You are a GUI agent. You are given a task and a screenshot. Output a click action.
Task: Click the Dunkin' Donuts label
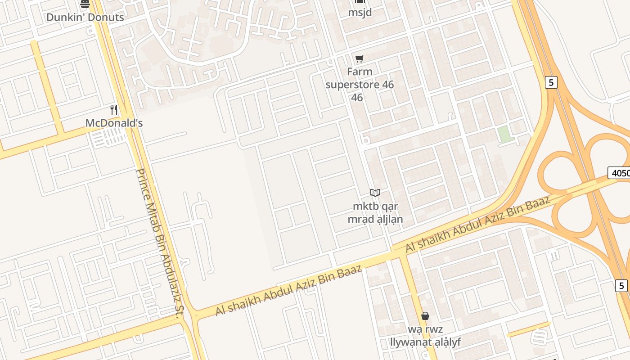[x=85, y=18]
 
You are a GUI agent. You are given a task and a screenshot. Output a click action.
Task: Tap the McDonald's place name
[x=114, y=123]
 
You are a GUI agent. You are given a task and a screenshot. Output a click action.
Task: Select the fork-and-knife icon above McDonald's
[x=114, y=109]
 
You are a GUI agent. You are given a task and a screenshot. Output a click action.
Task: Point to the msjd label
[x=360, y=12]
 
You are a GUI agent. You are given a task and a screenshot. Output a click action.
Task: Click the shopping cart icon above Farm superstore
[x=359, y=58]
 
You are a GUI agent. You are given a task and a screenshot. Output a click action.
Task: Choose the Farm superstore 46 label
[x=359, y=85]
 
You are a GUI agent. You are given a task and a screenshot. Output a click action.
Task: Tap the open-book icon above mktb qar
[x=375, y=193]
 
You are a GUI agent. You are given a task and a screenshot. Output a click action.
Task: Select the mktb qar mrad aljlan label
[x=375, y=213]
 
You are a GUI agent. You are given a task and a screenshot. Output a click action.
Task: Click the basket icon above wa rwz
[x=425, y=316]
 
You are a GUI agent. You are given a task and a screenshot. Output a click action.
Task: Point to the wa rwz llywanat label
[x=425, y=336]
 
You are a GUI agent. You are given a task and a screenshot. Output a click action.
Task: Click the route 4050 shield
[x=619, y=173]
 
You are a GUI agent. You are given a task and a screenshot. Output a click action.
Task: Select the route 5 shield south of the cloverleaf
[x=621, y=285]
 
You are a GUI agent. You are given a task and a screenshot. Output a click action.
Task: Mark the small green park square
[x=505, y=134]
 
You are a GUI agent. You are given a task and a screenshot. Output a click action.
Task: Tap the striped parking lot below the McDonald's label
[x=108, y=137]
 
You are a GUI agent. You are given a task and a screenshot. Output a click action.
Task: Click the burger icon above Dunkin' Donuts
[x=85, y=4]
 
